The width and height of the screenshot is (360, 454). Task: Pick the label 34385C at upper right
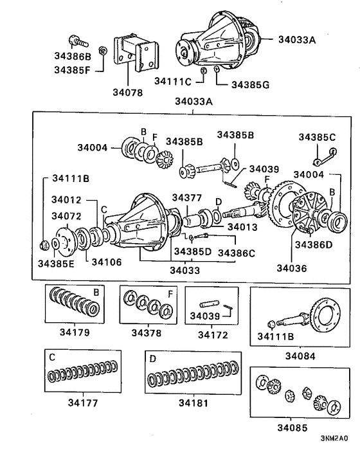coord(317,136)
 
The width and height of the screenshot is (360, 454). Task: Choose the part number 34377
coord(187,197)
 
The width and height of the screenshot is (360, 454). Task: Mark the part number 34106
coord(106,262)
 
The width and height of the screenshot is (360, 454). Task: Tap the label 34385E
coord(55,262)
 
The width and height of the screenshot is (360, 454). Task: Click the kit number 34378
coord(147,332)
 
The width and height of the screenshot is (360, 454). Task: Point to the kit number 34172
coord(212,334)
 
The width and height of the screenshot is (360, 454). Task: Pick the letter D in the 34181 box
coord(152,358)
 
